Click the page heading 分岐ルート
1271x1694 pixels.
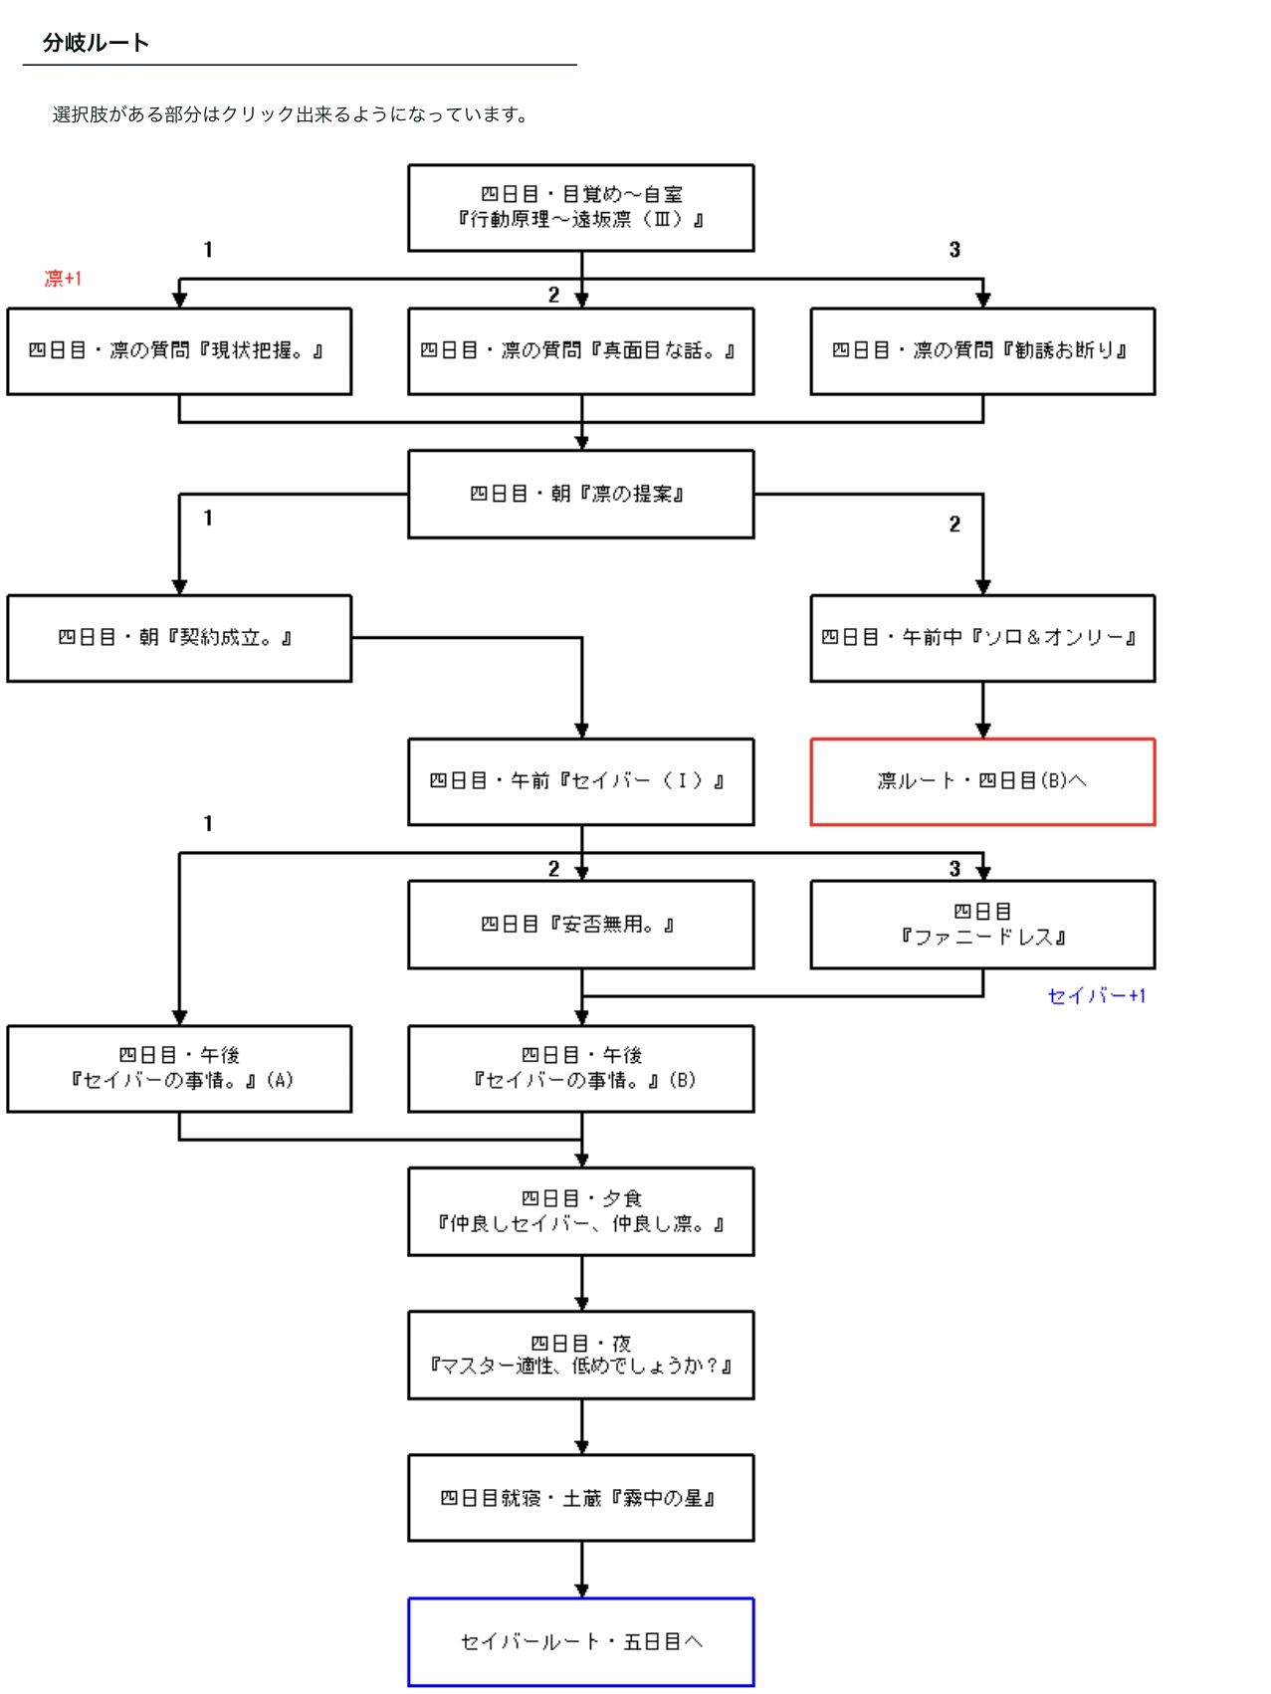(x=96, y=43)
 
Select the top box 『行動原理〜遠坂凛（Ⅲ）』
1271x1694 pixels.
(x=580, y=207)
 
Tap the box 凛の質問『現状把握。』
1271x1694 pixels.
(x=179, y=350)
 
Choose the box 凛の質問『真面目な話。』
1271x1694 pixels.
(x=580, y=350)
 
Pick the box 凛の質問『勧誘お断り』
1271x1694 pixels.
(x=982, y=350)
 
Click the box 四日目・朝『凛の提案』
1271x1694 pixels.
(x=580, y=494)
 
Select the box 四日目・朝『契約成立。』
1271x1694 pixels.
(x=179, y=638)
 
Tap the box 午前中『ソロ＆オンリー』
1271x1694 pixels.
(x=982, y=638)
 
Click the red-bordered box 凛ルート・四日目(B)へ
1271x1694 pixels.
(x=982, y=781)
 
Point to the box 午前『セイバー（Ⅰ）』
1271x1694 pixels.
(x=580, y=781)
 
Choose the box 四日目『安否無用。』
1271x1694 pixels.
(x=580, y=925)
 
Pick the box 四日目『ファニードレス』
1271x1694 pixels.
(x=982, y=925)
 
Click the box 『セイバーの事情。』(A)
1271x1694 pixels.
(x=179, y=1068)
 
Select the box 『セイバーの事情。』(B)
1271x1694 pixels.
(x=580, y=1068)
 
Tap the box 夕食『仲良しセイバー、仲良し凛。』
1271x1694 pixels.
(x=580, y=1211)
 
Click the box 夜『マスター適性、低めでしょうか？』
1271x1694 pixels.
(x=580, y=1355)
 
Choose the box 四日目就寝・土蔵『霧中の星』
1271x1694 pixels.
(x=580, y=1498)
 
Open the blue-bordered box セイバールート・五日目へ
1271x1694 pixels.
(x=580, y=1641)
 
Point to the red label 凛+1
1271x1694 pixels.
(x=63, y=279)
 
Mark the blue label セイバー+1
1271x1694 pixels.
(x=1096, y=995)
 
